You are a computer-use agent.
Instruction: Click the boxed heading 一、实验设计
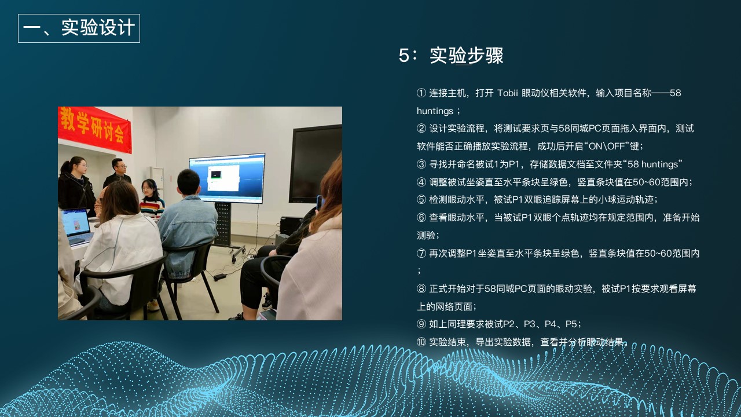click(x=79, y=28)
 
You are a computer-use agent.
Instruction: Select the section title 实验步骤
click(x=467, y=55)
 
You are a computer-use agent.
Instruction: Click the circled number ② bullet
click(x=421, y=129)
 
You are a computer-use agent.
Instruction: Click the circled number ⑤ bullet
click(x=421, y=200)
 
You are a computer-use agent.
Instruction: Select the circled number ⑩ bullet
click(x=421, y=342)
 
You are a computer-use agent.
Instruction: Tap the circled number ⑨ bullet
click(x=421, y=324)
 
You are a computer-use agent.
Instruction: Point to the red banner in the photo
click(x=94, y=129)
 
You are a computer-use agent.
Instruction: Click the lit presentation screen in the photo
click(x=228, y=178)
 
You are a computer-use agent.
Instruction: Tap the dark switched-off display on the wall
click(x=316, y=164)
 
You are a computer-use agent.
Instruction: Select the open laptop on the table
click(x=77, y=226)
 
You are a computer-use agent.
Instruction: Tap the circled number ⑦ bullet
click(x=421, y=254)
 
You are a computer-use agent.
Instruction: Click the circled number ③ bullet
click(x=421, y=164)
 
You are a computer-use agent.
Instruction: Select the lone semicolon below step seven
click(x=419, y=272)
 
